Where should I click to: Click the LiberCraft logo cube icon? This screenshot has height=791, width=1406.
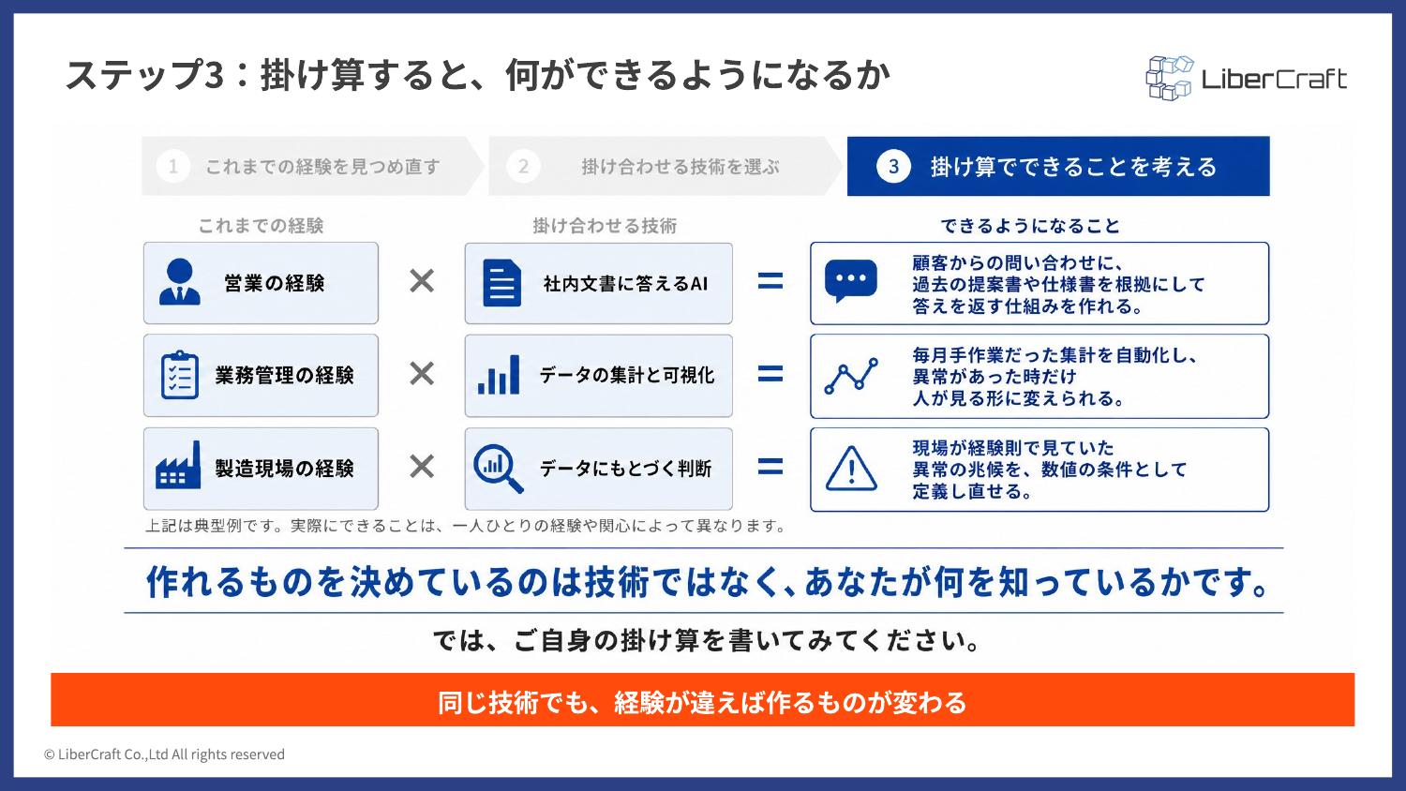[1169, 78]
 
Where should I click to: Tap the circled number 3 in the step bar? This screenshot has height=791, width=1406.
[893, 167]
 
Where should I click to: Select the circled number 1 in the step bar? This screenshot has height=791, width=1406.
[173, 167]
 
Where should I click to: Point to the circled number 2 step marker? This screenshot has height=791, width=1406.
[523, 167]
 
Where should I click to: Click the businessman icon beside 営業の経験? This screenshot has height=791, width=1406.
[180, 282]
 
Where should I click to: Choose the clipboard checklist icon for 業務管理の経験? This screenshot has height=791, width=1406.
[180, 375]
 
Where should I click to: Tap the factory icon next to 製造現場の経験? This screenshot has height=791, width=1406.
[178, 465]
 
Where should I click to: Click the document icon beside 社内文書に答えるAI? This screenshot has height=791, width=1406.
[501, 283]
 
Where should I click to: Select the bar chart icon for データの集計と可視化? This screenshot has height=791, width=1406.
[499, 375]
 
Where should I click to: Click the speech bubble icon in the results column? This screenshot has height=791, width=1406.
[850, 281]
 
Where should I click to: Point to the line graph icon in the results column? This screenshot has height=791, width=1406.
[851, 376]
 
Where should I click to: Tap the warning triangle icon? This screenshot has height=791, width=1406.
[851, 469]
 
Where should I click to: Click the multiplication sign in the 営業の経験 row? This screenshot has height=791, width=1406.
[422, 281]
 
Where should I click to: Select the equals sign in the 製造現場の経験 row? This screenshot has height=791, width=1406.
[770, 467]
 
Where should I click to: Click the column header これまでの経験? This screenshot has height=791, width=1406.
[262, 226]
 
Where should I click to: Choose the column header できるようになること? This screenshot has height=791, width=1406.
[1030, 226]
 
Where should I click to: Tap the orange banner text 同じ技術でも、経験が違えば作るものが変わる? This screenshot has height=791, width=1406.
[702, 703]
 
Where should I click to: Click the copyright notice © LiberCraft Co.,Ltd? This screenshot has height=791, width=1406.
[164, 754]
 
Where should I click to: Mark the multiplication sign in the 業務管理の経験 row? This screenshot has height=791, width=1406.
[422, 374]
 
